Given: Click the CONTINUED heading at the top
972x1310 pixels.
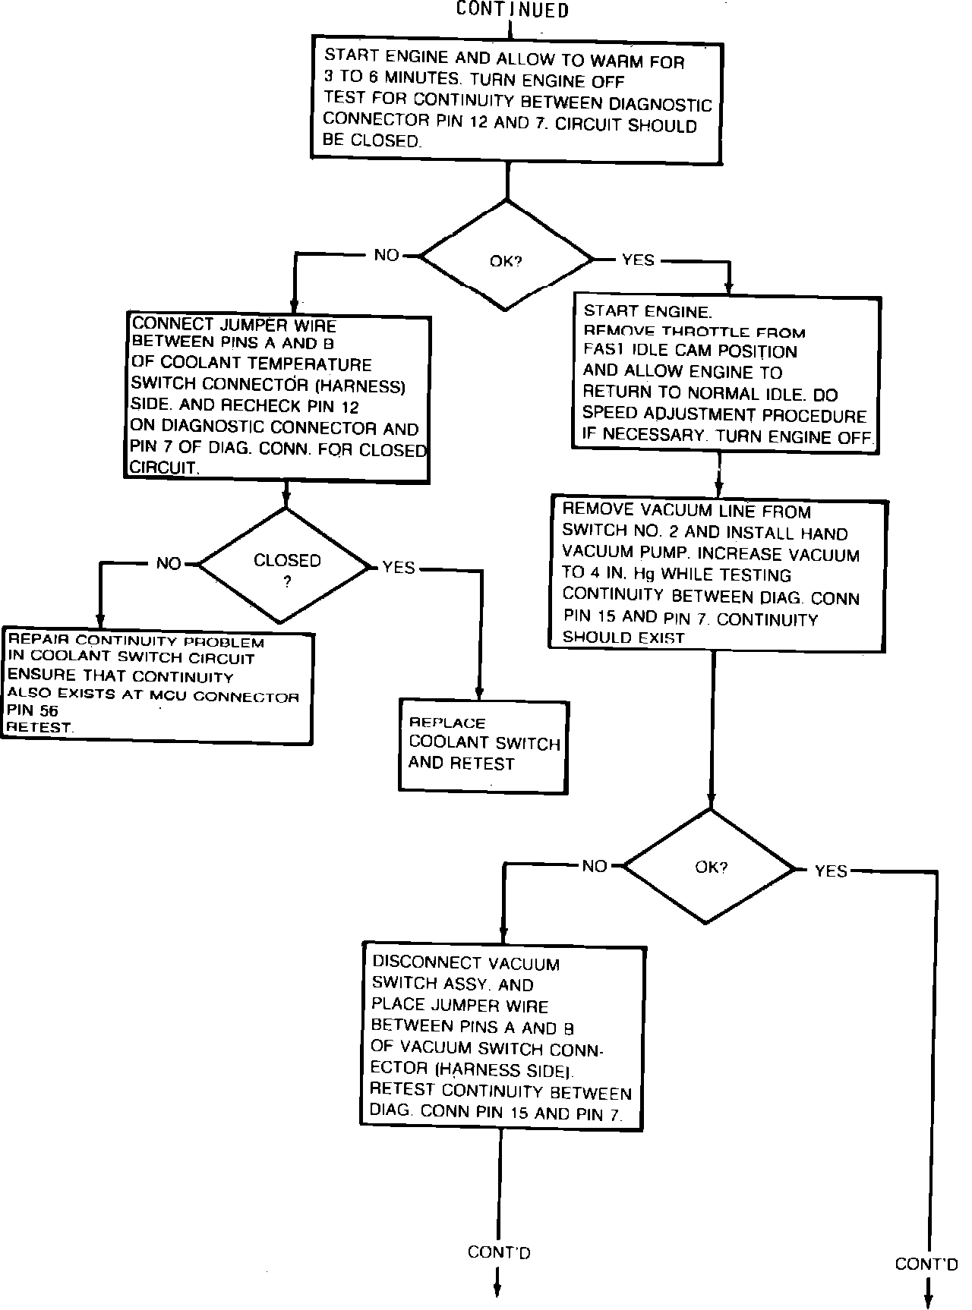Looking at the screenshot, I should coord(512,10).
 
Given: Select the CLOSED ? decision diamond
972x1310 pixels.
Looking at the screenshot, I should coord(286,566).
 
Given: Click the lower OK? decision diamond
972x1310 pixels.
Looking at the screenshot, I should coord(710,867).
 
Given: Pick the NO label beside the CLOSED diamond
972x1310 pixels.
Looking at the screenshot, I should coord(169,563).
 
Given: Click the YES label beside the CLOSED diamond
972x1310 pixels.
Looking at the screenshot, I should coord(399,567).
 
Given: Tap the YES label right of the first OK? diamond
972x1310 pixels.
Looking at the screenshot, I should coord(638,260).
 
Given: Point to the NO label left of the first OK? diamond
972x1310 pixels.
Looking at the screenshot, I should coord(387,255).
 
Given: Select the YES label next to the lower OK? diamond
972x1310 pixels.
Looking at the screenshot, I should coord(831,871).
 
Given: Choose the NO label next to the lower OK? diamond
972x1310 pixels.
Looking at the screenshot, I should coord(595,866).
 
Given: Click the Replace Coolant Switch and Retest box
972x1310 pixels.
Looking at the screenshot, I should coord(484,746).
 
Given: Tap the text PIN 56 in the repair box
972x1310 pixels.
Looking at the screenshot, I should coord(33,711).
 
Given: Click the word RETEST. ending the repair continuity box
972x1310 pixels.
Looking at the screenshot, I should coord(40,727).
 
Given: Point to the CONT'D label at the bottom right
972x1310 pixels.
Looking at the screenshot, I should coord(926,1264).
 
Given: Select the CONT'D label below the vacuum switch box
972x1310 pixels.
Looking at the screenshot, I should coord(499,1252).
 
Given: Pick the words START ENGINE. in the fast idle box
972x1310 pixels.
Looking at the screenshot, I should coord(648,311).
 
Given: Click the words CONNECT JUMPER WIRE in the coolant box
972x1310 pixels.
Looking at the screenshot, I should coord(235,325).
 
